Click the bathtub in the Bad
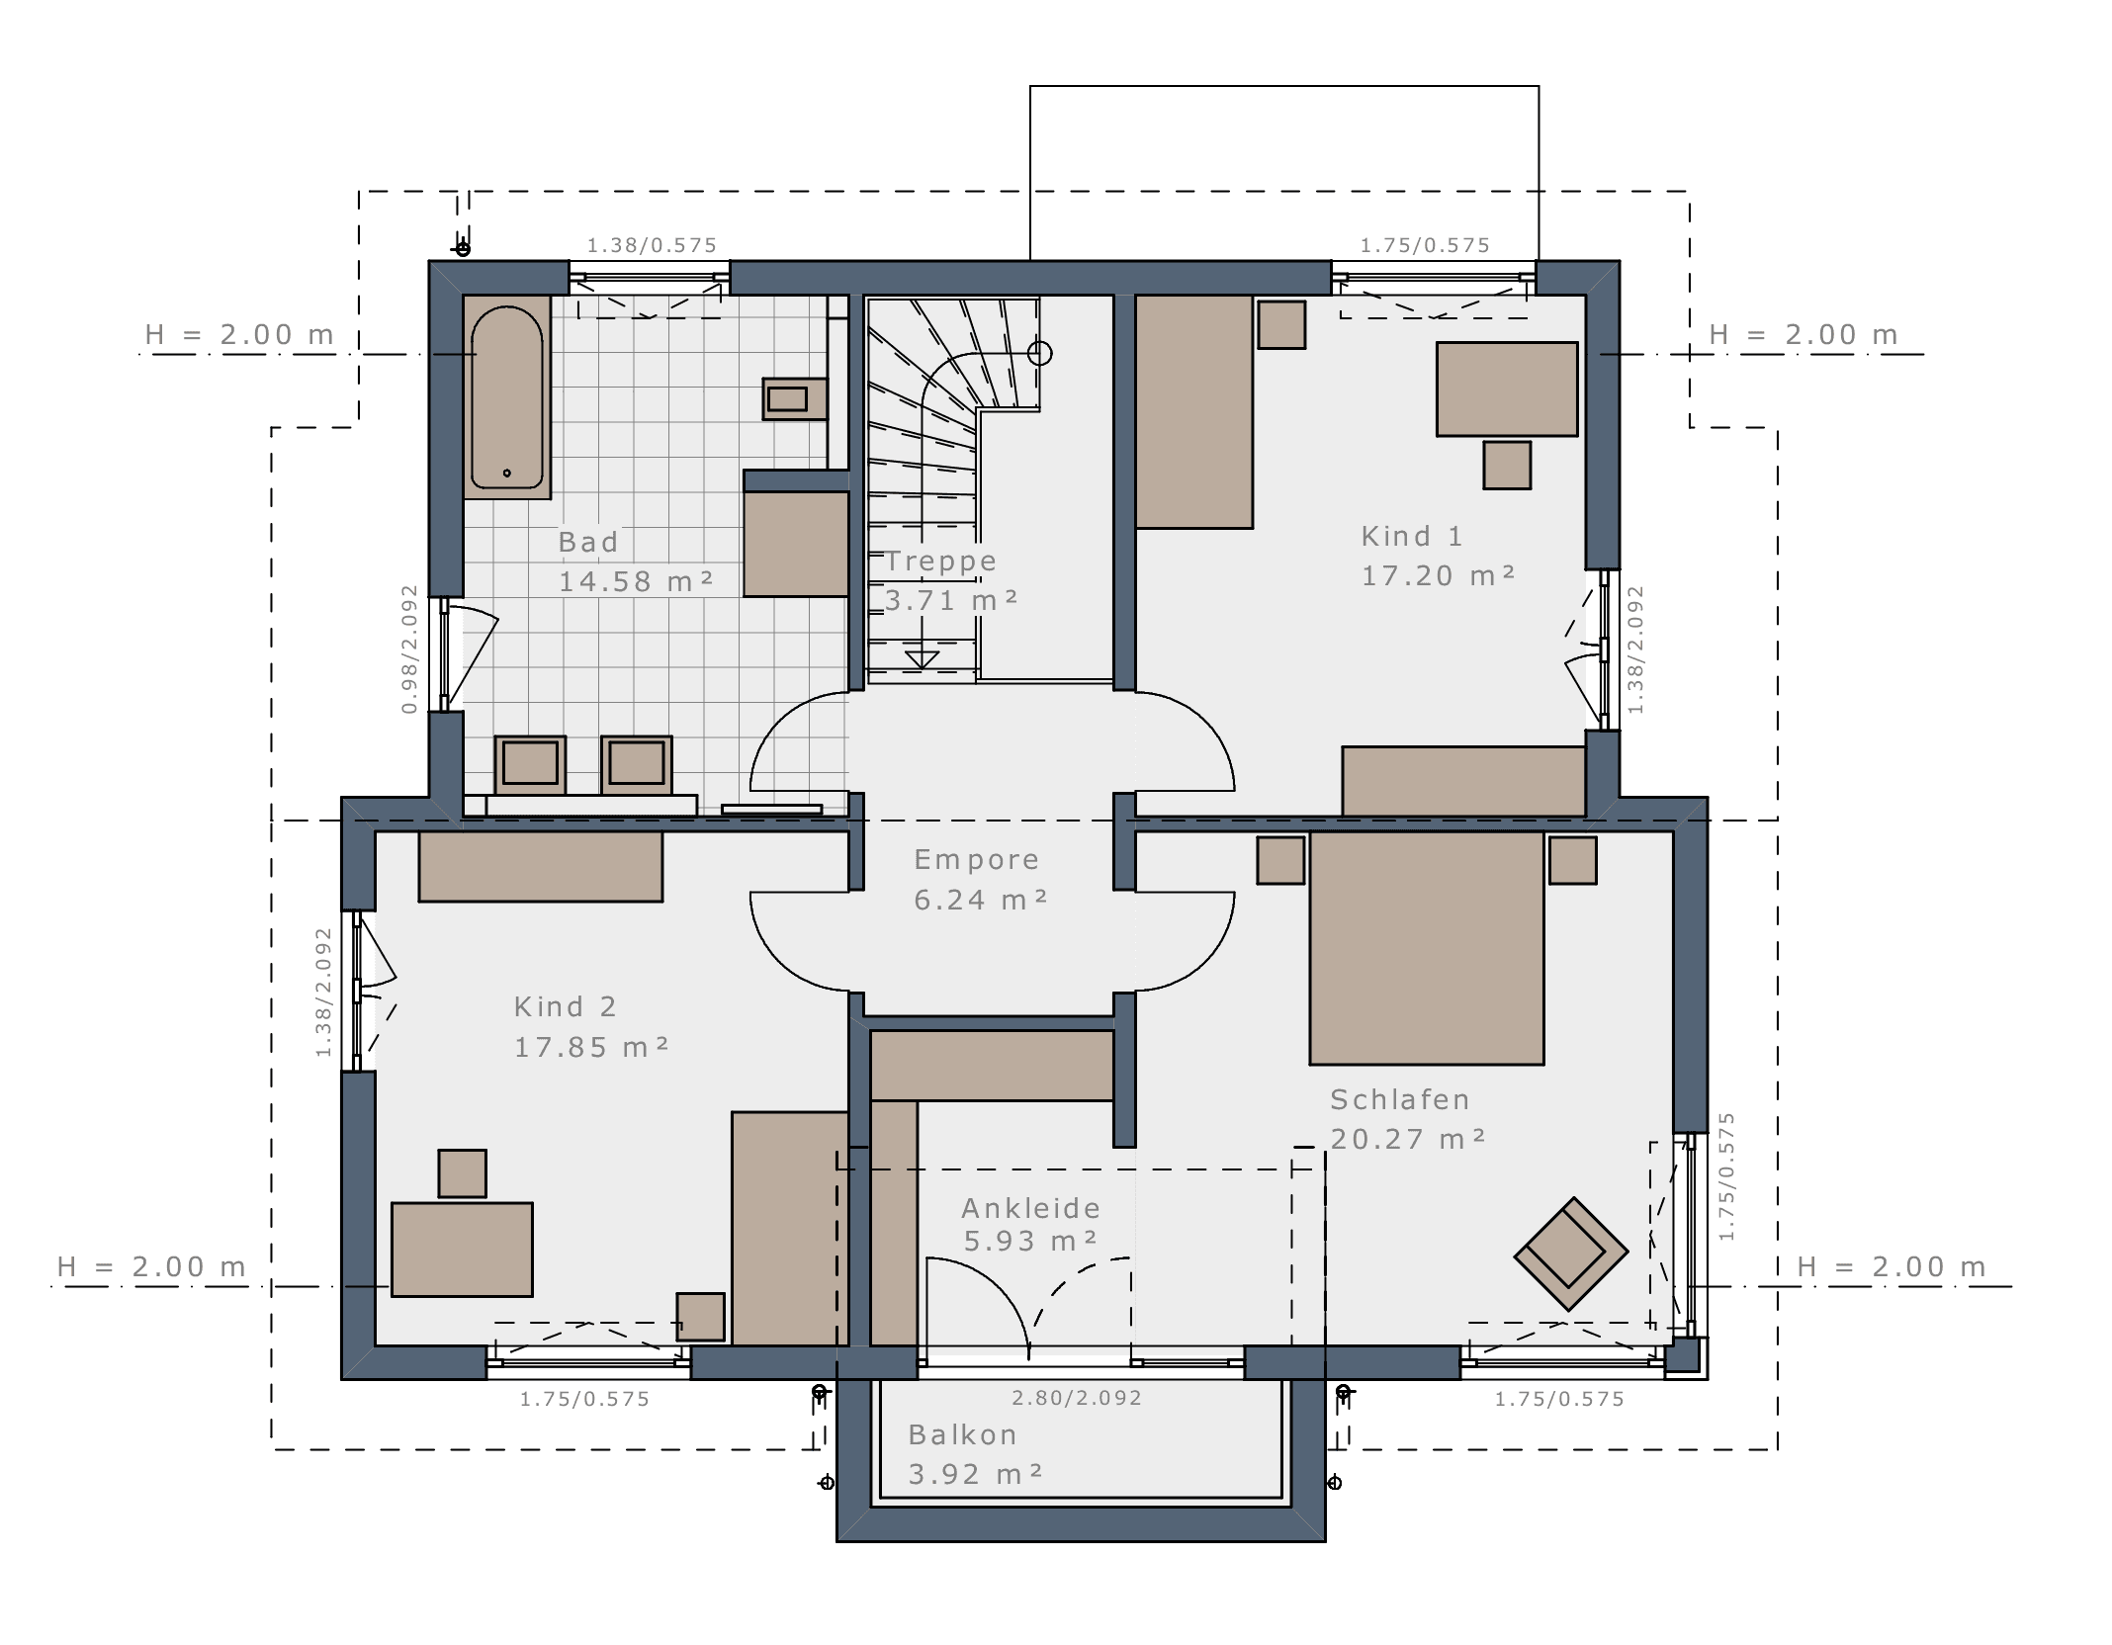(x=506, y=396)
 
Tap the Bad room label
(x=588, y=542)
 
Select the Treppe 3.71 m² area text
(x=950, y=600)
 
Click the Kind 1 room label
(x=1411, y=536)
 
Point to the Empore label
(x=976, y=860)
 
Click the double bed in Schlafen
(x=1426, y=948)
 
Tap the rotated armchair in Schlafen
(x=1570, y=1254)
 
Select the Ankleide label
(x=1030, y=1208)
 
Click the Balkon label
(x=962, y=1434)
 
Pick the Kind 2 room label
(x=566, y=1006)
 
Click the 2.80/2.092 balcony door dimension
(x=1076, y=1398)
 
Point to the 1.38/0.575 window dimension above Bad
(x=652, y=245)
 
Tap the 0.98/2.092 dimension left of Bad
(x=409, y=649)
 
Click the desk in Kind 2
(x=462, y=1250)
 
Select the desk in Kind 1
(x=1507, y=389)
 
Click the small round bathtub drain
(x=507, y=474)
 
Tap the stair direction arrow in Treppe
(x=922, y=657)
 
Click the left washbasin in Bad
(x=530, y=764)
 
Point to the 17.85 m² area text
(x=591, y=1047)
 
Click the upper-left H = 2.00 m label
(x=239, y=334)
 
